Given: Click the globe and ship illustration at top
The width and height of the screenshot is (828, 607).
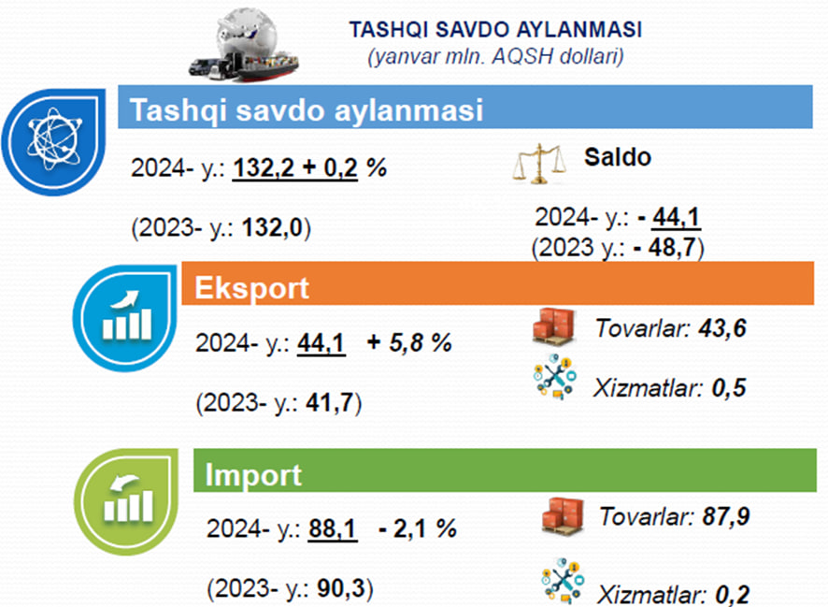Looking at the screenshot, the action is [244, 45].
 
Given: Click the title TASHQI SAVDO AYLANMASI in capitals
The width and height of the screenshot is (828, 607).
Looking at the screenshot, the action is [495, 30].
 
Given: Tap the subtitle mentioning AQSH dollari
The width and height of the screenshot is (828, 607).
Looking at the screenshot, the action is [495, 56].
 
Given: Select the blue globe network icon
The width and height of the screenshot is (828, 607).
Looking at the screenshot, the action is [54, 141].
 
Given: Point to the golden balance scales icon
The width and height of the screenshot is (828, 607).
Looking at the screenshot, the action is [539, 164].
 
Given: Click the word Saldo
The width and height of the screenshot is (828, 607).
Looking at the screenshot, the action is [618, 157].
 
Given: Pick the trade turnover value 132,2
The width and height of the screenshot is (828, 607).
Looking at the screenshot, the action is [264, 168].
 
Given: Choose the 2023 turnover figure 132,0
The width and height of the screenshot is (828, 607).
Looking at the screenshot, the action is [272, 227].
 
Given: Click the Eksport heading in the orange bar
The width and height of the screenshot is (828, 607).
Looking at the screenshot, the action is [251, 288].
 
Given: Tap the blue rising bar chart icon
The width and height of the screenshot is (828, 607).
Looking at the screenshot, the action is [125, 318].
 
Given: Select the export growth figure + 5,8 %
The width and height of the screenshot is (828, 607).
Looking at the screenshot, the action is [409, 343].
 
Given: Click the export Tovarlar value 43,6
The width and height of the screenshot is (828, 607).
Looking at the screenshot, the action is [722, 328].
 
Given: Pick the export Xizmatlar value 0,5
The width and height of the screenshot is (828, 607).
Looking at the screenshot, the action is [729, 388].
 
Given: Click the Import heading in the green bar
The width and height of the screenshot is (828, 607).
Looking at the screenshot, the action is [253, 474].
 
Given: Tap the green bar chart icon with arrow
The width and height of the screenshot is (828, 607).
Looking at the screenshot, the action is [126, 502].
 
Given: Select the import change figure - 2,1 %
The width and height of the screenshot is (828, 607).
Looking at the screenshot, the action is [418, 528].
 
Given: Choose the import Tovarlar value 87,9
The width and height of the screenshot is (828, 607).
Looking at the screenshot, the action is [725, 516].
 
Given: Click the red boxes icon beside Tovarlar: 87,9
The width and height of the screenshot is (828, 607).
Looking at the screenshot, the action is [563, 516].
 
